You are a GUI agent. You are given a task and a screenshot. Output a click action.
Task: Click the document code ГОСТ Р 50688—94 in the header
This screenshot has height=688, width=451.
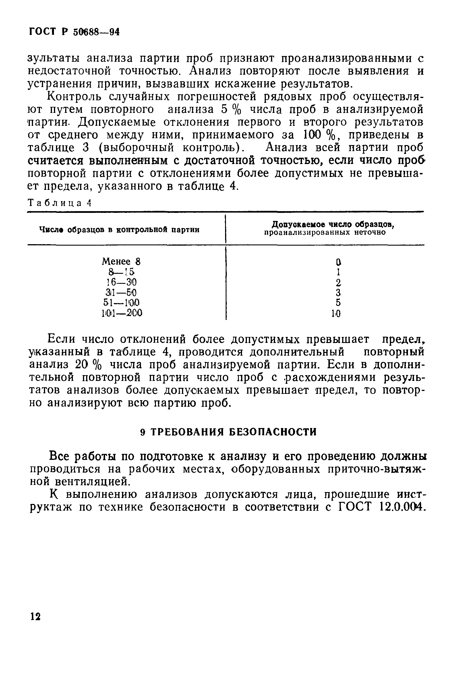pos(74,32)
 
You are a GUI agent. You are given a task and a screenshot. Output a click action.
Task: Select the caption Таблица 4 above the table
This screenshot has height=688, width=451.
pos(59,203)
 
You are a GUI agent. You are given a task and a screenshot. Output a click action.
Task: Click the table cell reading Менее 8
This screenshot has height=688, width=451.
pos(121,261)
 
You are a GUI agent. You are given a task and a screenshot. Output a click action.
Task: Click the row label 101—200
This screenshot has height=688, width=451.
pos(122,313)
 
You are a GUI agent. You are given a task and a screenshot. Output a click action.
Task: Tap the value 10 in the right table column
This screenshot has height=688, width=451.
pos(336,313)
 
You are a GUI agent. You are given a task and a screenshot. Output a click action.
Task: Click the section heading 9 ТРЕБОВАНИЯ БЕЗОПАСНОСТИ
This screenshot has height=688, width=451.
pos(228,432)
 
